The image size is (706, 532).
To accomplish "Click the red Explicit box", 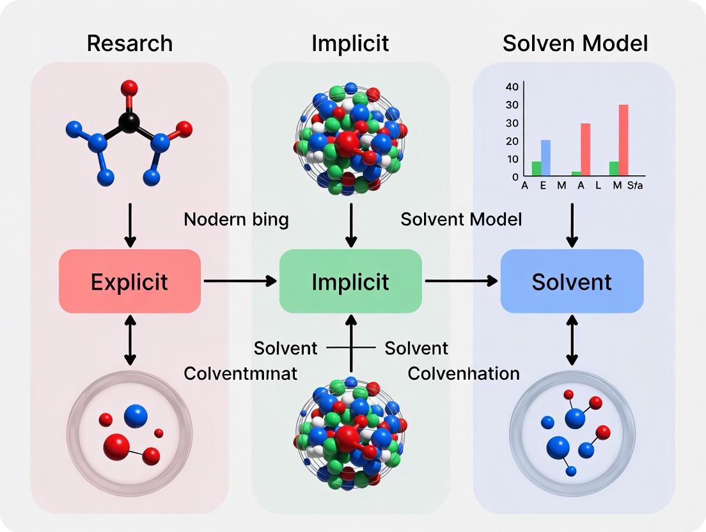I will click(130, 281).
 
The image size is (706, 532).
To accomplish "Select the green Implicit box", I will click(350, 281).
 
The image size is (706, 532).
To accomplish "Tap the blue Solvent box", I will click(572, 281).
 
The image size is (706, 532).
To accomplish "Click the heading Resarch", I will click(130, 43).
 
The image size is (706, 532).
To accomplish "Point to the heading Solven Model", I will click(575, 43).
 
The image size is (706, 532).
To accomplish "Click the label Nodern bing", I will click(236, 220).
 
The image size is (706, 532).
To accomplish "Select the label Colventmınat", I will click(240, 373).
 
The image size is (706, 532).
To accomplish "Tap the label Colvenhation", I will click(464, 373).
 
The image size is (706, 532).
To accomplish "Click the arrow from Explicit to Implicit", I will click(240, 281).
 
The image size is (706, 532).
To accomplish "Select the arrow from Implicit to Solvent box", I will click(461, 281).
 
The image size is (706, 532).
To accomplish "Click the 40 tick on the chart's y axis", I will click(512, 87).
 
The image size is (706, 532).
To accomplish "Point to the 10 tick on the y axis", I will click(512, 159).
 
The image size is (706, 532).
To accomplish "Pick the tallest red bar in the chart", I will click(623, 140).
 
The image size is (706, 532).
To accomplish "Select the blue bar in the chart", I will click(545, 158).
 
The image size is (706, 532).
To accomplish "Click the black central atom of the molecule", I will click(129, 122).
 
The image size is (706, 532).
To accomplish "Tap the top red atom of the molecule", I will click(129, 87).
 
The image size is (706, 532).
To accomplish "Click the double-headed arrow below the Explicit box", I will click(130, 340).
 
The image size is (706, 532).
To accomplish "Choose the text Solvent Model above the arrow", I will click(461, 220).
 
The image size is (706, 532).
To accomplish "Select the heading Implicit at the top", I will click(350, 43).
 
